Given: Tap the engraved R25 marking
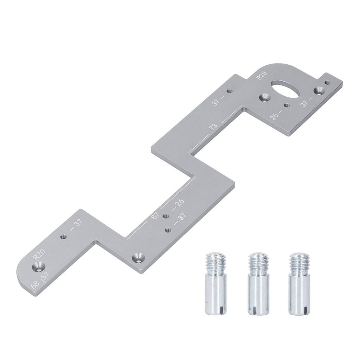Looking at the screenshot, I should pos(262,75).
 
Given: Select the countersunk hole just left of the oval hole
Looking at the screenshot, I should pos(263,97).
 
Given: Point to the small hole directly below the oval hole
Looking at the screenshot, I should pos(287,105).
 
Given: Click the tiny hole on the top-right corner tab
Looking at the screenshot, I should pos(327,83).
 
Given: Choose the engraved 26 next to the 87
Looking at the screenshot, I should pos(179,203).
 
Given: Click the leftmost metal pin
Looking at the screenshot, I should pos(216,283).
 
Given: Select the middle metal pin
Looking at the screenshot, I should pos(258,283).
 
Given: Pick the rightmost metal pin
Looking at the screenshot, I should pos(300,283).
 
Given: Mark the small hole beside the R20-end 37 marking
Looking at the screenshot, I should pos(64,237).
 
